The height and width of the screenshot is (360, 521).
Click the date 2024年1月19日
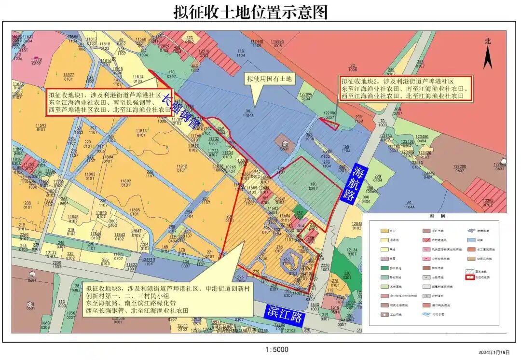point(494,353)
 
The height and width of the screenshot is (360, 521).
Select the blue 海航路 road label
point(358,184)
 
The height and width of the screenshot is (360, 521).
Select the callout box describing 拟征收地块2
point(405,89)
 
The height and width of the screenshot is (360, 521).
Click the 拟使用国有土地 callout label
point(270,78)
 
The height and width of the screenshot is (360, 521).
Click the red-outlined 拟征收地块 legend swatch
point(469,277)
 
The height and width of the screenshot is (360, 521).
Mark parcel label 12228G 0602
point(459,167)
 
